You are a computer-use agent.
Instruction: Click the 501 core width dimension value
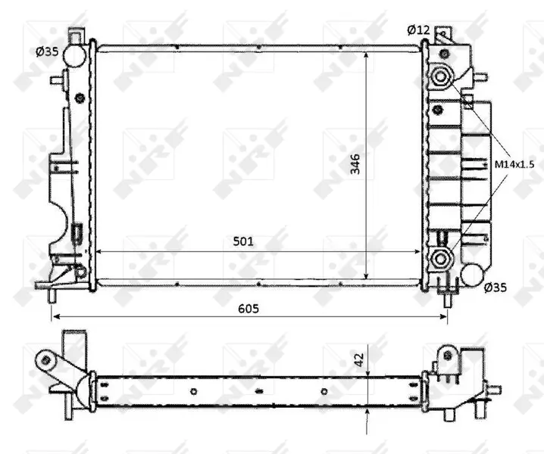[x=243, y=241]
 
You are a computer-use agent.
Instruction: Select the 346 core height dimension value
[x=355, y=164]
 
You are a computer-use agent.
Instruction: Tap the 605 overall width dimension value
[x=249, y=308]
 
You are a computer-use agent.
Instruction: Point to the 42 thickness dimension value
[x=359, y=359]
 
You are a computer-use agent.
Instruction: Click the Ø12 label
[x=418, y=30]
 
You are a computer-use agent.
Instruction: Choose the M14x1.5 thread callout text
[x=514, y=164]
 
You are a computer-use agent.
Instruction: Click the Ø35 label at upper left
[x=47, y=52]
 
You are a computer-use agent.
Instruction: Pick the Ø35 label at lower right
[x=495, y=288]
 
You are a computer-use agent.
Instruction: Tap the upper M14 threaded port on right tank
[x=441, y=76]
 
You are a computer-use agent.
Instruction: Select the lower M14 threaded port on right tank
[x=441, y=259]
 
